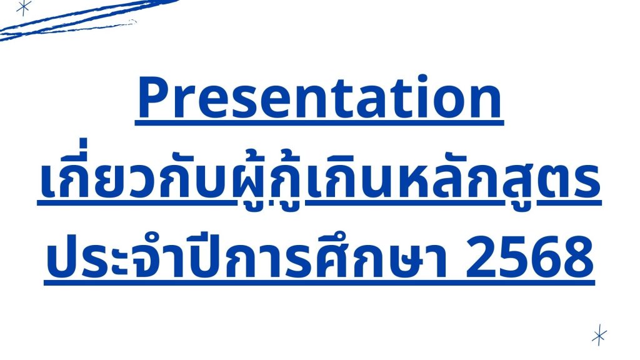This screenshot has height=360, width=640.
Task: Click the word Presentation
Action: tap(319, 97)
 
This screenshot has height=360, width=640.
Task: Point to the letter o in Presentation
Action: tap(447, 102)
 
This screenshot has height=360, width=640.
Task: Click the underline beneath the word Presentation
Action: tap(319, 122)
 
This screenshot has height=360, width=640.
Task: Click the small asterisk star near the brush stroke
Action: tap(24, 7)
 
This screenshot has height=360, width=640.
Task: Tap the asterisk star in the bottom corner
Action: tap(599, 335)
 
